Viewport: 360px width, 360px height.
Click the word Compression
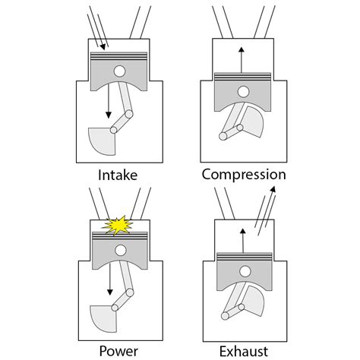pos(243,175)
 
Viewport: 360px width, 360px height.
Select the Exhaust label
pos(243,350)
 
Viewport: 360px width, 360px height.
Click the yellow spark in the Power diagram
pos(118,226)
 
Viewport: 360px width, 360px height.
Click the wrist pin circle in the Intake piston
pos(119,72)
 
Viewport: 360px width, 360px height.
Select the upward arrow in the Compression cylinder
pos(242,56)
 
